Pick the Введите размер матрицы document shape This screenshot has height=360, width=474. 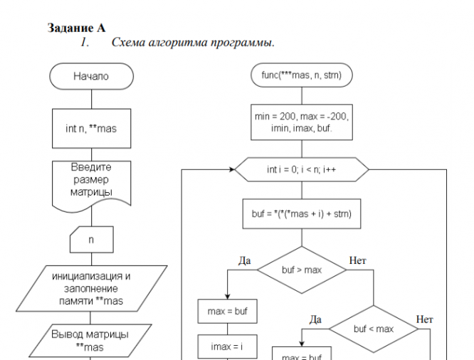(x=89, y=181)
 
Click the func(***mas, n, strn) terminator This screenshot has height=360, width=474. (x=302, y=73)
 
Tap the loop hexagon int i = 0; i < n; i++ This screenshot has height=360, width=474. (x=302, y=171)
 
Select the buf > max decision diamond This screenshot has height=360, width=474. (x=302, y=270)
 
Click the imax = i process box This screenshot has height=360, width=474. (x=227, y=347)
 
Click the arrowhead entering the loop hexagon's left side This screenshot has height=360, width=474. (x=232, y=171)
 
